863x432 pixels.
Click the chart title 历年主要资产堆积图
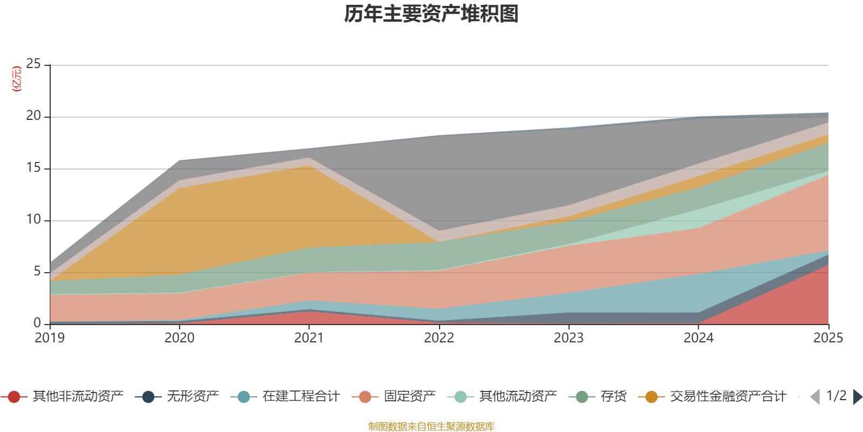[x=431, y=14]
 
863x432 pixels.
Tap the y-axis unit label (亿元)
[x=17, y=79]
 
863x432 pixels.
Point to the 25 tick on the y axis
[x=33, y=64]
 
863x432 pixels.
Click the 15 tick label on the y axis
[x=33, y=168]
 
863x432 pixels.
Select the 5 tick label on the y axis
[x=37, y=272]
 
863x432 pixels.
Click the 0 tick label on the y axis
[x=37, y=323]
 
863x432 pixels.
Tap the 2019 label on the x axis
[x=50, y=338]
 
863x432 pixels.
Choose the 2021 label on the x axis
[x=309, y=338]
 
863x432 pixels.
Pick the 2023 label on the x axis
[x=569, y=338]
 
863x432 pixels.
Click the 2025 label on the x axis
[x=828, y=338]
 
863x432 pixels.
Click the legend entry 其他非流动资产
[x=62, y=396]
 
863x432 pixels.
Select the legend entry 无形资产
[x=177, y=396]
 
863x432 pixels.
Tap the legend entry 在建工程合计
[x=285, y=396]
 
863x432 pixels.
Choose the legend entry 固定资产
[x=394, y=396]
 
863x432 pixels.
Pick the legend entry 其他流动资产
[x=502, y=396]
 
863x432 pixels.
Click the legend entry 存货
[x=598, y=396]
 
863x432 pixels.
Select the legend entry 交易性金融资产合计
[x=713, y=396]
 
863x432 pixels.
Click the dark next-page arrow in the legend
[x=858, y=397]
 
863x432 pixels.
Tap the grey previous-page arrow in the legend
[x=815, y=397]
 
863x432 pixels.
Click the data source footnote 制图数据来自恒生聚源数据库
[x=431, y=426]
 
